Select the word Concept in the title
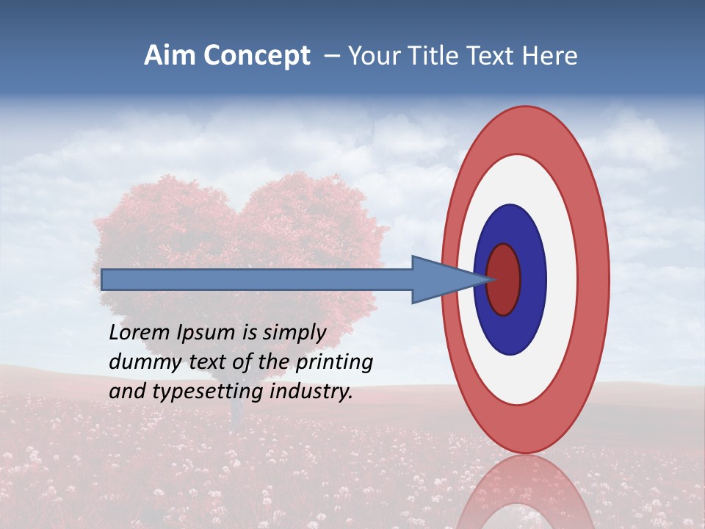pos(256,57)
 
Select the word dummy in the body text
pos(140,362)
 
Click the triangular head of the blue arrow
pos(441,279)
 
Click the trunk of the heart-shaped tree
pos(236,411)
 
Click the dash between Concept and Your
pos(331,57)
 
